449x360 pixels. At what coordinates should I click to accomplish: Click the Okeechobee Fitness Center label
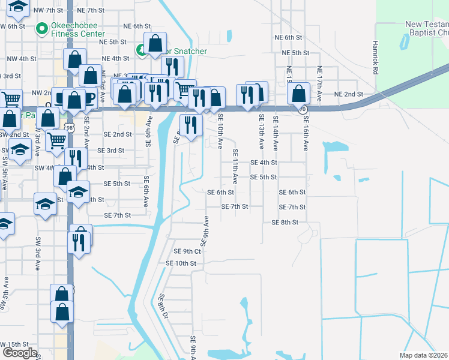click(x=74, y=30)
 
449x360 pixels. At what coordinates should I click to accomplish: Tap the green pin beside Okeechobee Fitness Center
click(x=42, y=29)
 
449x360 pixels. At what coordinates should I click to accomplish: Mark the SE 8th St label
click(x=285, y=222)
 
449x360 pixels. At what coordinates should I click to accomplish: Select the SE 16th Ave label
click(x=306, y=136)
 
